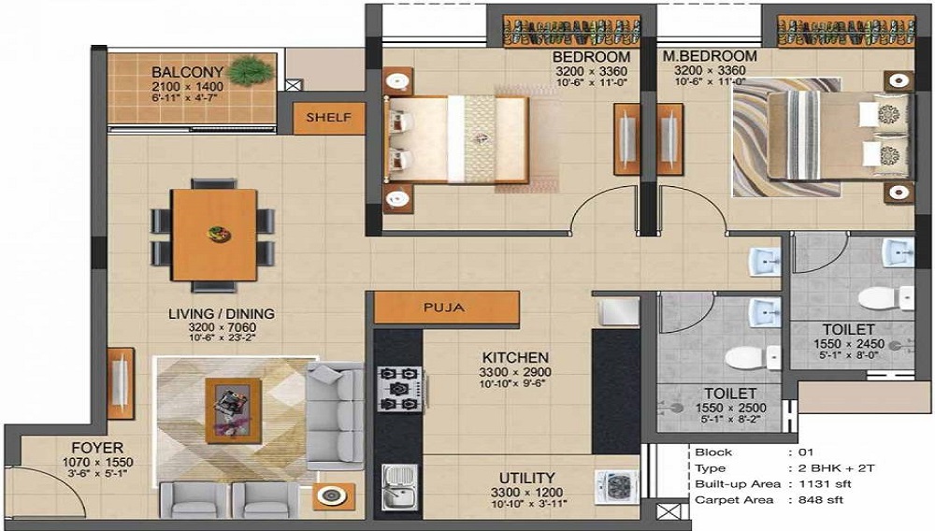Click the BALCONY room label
[x=187, y=72]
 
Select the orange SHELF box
[x=329, y=118]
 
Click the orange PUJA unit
[x=447, y=308]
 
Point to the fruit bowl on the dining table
[x=218, y=233]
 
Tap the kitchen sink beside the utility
[x=399, y=487]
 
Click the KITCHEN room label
[x=515, y=357]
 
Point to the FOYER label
[x=98, y=448]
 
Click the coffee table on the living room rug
[x=233, y=411]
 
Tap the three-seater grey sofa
[x=335, y=416]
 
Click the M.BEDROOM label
[x=710, y=56]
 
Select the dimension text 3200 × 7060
[x=223, y=327]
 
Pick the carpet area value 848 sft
[x=821, y=500]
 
